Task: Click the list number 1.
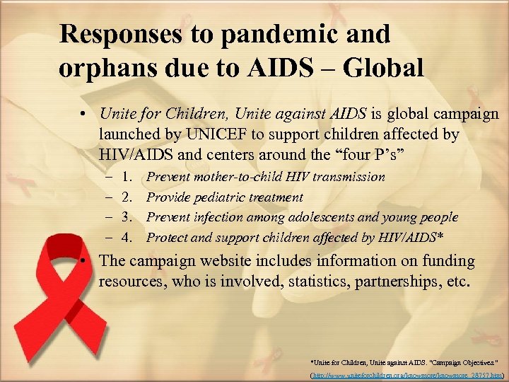point(128,177)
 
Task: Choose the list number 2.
point(128,197)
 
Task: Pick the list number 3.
point(128,217)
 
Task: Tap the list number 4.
point(128,238)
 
